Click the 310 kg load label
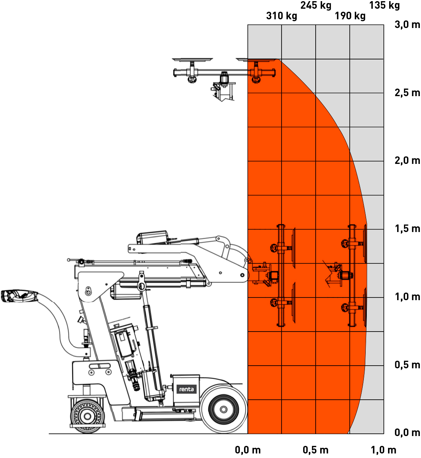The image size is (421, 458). [x=282, y=16]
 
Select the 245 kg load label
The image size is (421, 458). [x=316, y=6]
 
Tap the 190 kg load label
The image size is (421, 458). [x=350, y=16]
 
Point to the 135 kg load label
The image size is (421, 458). [x=384, y=6]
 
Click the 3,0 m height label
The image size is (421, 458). [x=407, y=25]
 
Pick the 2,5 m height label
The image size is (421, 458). [x=407, y=93]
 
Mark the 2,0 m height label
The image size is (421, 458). [x=407, y=161]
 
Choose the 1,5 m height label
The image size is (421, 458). [x=407, y=229]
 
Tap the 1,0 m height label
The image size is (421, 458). [x=407, y=297]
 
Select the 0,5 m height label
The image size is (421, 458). [x=407, y=365]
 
